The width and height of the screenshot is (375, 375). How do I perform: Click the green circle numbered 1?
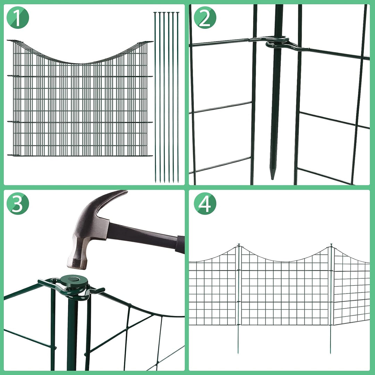18,18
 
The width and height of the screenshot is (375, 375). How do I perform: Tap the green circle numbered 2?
205,18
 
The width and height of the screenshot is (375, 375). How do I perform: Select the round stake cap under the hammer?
73,280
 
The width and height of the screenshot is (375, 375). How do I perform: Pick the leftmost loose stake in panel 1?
155,97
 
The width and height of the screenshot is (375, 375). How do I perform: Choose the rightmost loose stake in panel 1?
178,97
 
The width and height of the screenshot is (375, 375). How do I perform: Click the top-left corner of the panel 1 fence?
8,41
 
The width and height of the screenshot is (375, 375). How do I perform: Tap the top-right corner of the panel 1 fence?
151,42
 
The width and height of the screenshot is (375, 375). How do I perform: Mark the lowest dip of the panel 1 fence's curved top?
80,63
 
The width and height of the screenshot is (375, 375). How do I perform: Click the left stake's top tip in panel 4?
239,245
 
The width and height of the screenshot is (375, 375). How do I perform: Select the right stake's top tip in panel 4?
331,245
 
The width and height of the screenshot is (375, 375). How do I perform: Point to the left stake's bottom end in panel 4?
238,352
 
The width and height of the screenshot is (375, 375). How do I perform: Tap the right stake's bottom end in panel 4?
331,352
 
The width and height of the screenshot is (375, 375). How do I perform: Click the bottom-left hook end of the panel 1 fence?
9,155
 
